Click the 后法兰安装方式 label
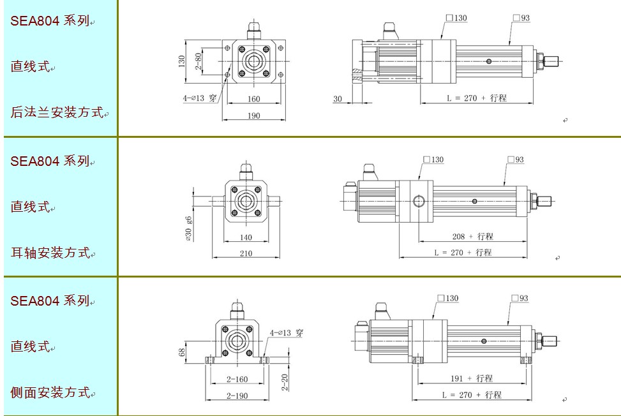click(57, 112)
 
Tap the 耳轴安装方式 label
click(50, 252)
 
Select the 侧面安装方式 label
click(50, 392)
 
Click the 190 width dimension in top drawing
click(253, 115)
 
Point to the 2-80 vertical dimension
click(198, 61)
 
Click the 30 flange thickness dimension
click(338, 98)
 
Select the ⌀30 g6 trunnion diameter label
click(188, 228)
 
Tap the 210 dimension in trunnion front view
click(246, 253)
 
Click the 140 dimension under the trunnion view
click(246, 237)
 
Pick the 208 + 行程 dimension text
click(472, 236)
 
